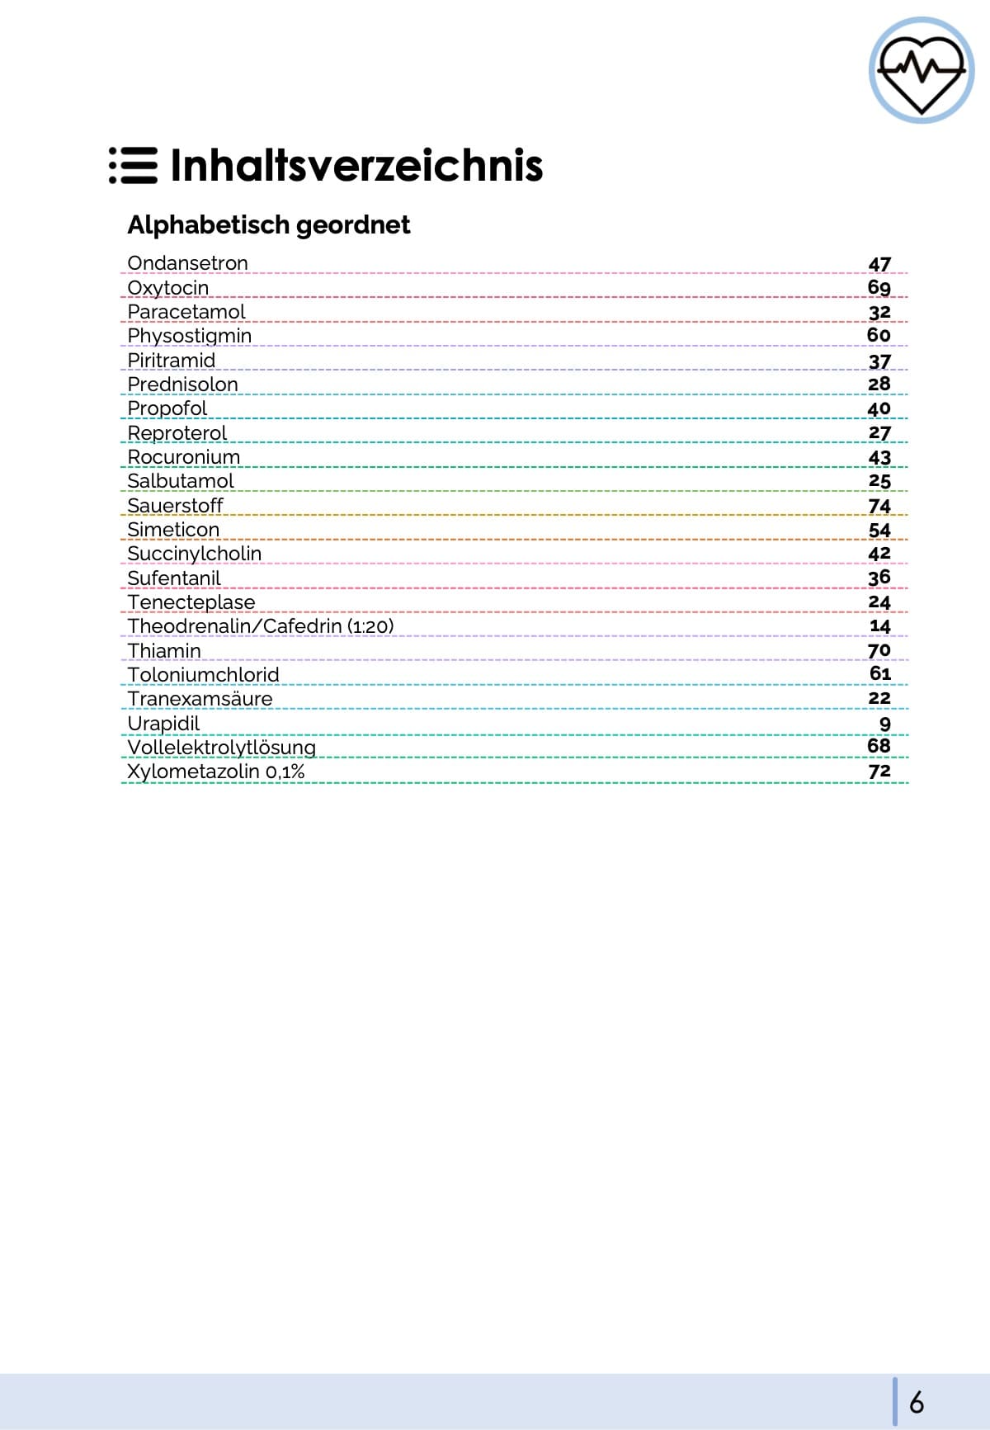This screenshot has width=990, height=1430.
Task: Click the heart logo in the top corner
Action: coord(921,70)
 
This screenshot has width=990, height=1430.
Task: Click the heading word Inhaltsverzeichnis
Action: coord(356,165)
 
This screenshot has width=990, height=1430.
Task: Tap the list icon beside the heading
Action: coord(133,165)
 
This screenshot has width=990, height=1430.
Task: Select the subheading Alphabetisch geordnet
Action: coord(268,224)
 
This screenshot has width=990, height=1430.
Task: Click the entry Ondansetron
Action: coord(187,263)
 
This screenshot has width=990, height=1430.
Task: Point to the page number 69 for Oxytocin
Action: coord(879,287)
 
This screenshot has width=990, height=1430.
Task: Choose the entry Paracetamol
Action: coord(186,312)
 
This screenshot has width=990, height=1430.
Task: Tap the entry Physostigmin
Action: coord(189,336)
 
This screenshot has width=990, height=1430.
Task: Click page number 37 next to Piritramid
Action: coord(879,361)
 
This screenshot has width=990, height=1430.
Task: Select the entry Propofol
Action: coord(167,408)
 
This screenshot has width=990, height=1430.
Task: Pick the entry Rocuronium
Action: coord(183,457)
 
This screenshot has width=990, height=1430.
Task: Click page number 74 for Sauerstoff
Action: coord(879,506)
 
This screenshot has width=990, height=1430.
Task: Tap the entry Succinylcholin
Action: coord(194,554)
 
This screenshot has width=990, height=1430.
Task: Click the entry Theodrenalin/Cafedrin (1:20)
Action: coord(260,626)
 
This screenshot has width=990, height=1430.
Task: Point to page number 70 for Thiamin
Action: coord(879,650)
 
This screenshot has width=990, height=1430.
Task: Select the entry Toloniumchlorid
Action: coord(203,675)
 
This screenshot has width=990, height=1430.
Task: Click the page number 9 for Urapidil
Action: coord(884,724)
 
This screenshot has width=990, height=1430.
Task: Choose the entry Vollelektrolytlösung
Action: coord(221,748)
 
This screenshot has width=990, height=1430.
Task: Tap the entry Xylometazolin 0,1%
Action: coord(215,772)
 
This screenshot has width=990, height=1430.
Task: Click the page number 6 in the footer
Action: coord(917,1402)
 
